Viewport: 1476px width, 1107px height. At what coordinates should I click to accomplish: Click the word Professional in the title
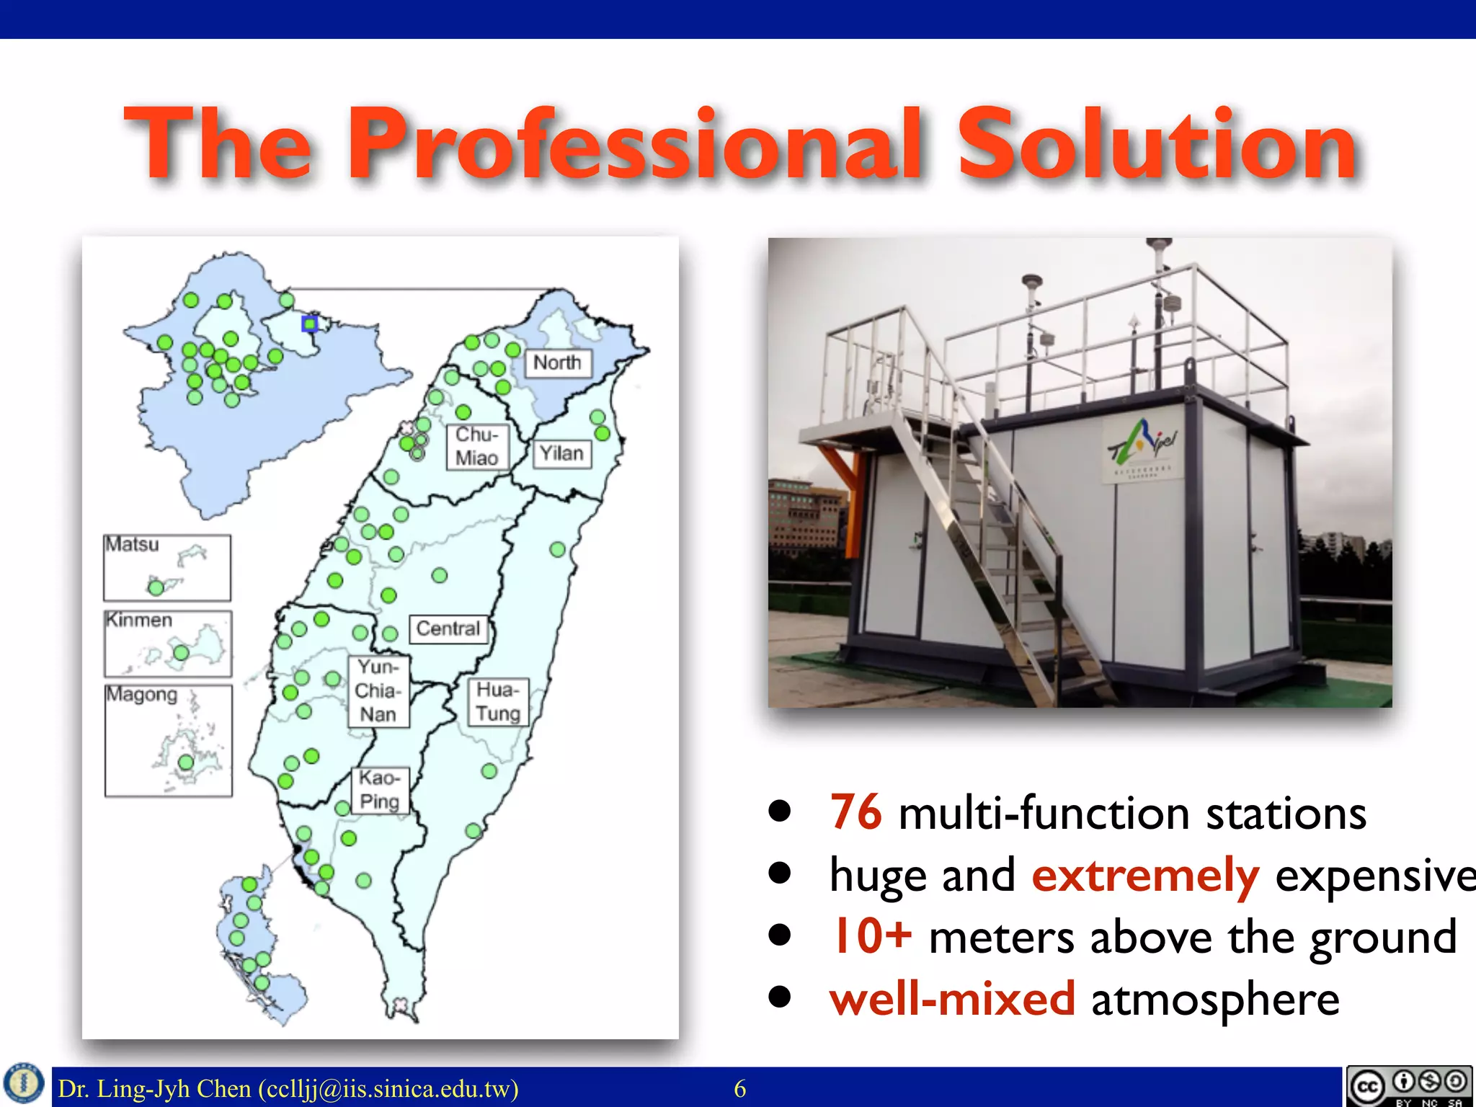634,144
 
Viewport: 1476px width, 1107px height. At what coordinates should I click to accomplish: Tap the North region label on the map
557,363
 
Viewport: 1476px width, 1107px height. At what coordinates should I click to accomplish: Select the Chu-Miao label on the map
477,446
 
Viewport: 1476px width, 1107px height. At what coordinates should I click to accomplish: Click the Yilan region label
561,453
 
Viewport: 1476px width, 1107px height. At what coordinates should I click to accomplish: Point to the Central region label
448,628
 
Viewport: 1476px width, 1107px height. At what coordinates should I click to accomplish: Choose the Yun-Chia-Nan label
378,690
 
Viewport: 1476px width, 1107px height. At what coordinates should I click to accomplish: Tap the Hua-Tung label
497,701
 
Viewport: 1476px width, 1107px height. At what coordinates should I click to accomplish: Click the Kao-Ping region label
379,790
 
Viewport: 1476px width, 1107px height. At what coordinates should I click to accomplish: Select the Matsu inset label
133,544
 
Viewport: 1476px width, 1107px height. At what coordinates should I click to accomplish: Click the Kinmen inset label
139,620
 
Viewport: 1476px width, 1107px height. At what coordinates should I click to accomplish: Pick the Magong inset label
142,695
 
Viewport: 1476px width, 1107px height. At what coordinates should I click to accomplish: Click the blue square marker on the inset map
310,324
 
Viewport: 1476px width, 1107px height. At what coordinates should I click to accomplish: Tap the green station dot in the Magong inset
186,762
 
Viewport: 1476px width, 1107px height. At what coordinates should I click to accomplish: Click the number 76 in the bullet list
855,812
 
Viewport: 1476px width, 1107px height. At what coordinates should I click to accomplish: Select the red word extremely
1145,875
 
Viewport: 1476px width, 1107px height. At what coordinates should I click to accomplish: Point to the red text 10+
871,936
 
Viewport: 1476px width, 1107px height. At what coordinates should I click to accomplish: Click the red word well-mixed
951,999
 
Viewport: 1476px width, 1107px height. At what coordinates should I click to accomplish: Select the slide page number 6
739,1088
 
